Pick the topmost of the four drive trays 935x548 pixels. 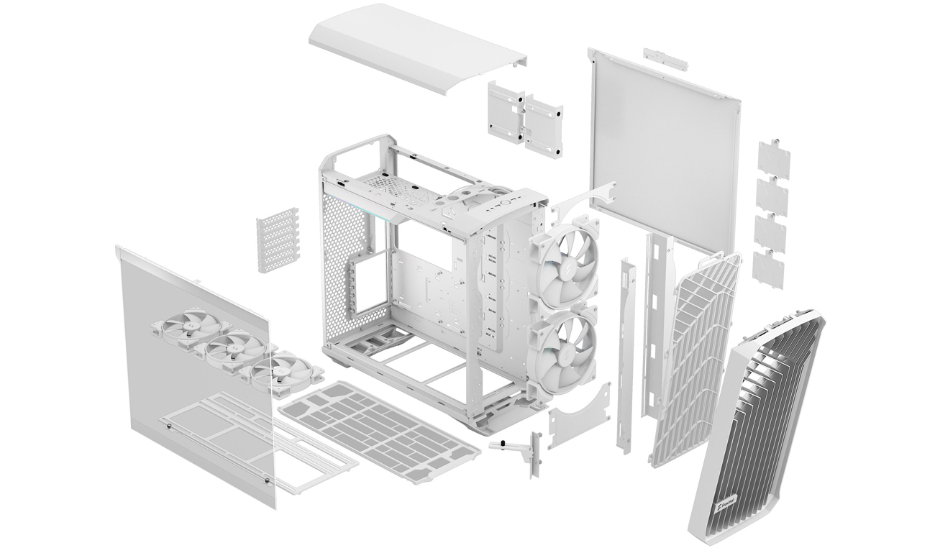click(774, 160)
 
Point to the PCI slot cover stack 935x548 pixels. click(277, 240)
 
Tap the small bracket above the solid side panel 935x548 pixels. click(665, 59)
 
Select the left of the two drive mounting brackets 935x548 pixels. click(506, 110)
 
